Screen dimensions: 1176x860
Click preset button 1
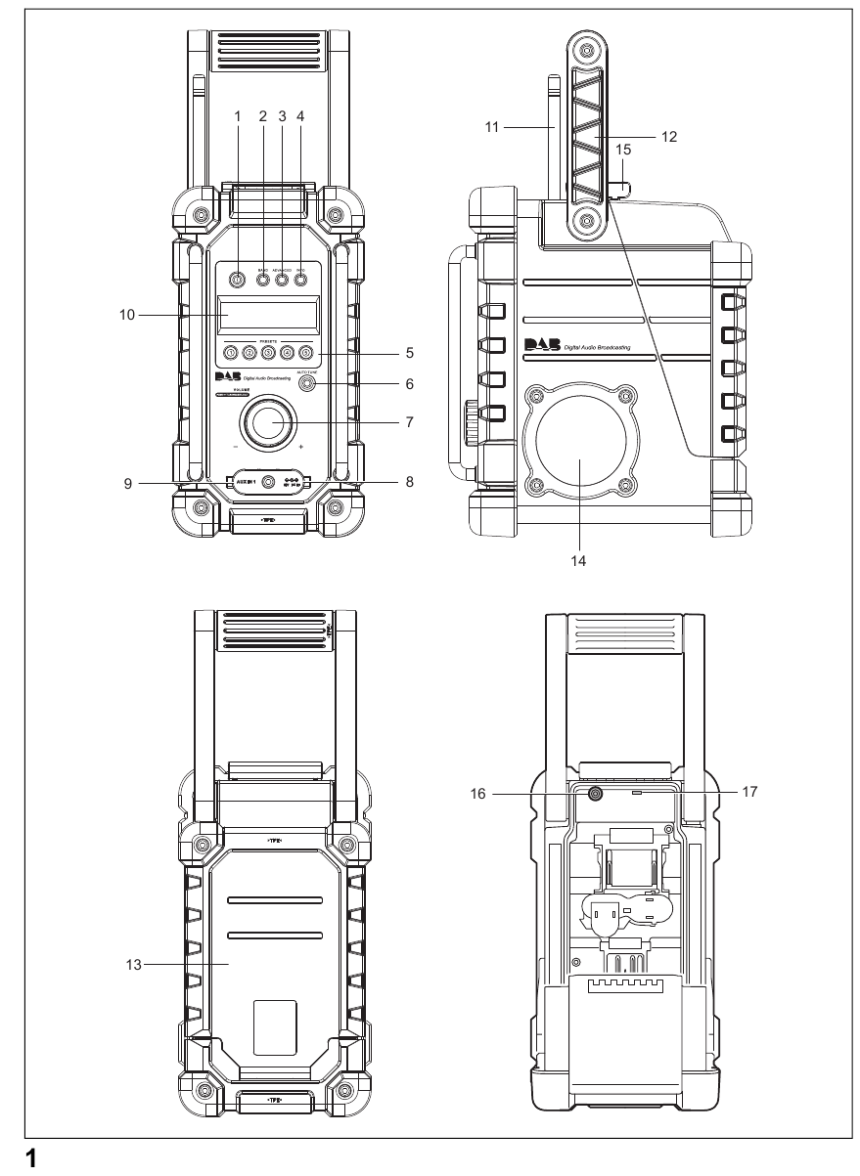coord(230,353)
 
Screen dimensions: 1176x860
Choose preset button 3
coord(268,353)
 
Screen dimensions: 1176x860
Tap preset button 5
coord(305,353)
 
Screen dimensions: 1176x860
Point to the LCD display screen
coord(268,316)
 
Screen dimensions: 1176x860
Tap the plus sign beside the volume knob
coord(301,447)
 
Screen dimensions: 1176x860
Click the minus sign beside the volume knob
coord(236,447)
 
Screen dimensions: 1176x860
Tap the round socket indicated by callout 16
coord(594,795)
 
